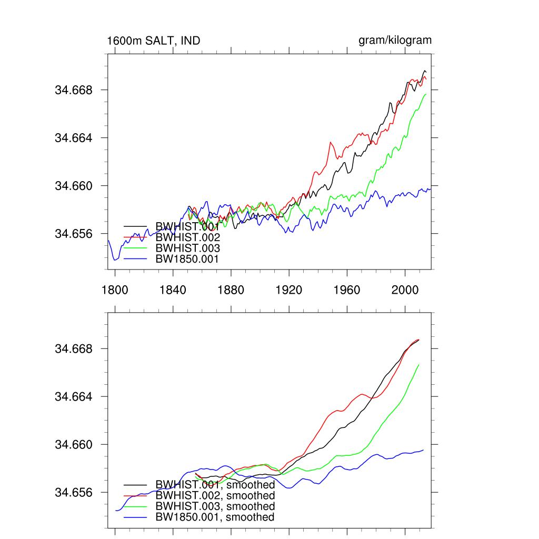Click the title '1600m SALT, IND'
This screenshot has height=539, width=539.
[153, 41]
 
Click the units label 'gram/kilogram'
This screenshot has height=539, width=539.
[395, 41]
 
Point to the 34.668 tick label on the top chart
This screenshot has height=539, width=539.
[74, 90]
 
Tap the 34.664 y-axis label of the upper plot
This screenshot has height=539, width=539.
[74, 138]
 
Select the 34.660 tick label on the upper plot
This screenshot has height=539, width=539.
[74, 186]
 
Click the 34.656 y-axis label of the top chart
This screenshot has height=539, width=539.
[74, 234]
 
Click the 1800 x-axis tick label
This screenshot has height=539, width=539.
[114, 290]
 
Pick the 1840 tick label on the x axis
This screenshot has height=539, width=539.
[173, 290]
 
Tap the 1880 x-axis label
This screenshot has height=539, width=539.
[231, 290]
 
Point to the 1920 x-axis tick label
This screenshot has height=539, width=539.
[289, 290]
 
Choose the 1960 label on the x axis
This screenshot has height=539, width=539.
[347, 290]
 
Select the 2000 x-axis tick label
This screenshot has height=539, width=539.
[405, 290]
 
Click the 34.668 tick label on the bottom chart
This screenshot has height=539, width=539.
[74, 349]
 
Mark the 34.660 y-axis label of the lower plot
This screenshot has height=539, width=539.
[74, 445]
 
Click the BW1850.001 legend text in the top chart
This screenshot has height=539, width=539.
[187, 259]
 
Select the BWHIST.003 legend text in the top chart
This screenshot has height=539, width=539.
[187, 248]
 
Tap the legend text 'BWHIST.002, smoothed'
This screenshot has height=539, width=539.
[215, 496]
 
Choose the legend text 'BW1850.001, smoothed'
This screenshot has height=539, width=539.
[215, 517]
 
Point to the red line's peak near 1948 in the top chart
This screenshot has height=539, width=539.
[331, 142]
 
